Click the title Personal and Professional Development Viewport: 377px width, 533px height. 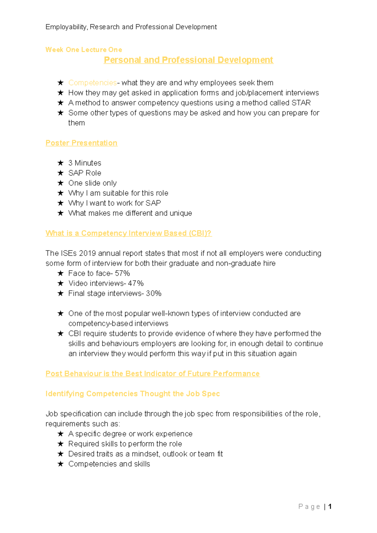(188, 60)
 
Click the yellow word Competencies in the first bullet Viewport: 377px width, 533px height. (92, 83)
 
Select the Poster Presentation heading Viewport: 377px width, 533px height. (81, 143)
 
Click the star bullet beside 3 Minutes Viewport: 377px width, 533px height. (61, 163)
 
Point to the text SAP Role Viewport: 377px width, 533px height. (85, 173)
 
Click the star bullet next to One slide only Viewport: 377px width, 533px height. (61, 183)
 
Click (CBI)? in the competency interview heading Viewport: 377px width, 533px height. (200, 234)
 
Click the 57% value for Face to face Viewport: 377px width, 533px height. (122, 273)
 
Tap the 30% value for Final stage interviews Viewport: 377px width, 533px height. (154, 293)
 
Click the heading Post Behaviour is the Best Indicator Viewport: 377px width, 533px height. (152, 374)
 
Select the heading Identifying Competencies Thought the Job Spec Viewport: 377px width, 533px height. (133, 394)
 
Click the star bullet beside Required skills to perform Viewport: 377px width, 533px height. (61, 444)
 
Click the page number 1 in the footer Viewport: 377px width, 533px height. (330, 507)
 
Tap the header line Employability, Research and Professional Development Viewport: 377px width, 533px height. (131, 27)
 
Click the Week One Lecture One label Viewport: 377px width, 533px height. (84, 50)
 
